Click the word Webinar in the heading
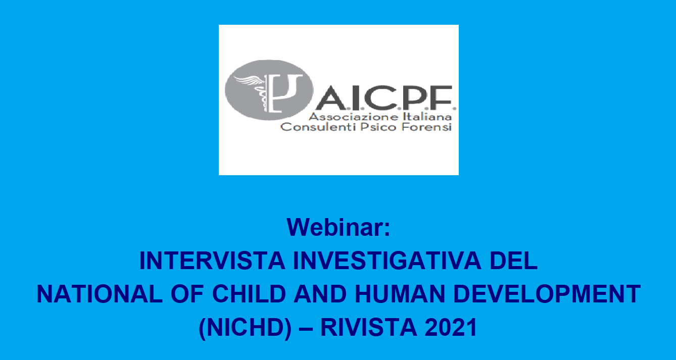tap(334, 227)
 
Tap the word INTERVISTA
tap(212, 261)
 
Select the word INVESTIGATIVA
tap(387, 261)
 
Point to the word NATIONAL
tap(100, 294)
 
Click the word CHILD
tap(249, 294)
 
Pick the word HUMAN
tap(400, 294)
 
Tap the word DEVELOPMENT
tap(547, 294)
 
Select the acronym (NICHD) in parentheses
tap(245, 328)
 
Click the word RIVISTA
tap(368, 327)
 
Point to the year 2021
tap(451, 327)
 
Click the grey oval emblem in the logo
tap(269, 90)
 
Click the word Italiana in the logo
tap(427, 117)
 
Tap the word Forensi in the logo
tap(426, 127)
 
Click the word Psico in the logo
tap(378, 127)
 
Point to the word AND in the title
tap(320, 294)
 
